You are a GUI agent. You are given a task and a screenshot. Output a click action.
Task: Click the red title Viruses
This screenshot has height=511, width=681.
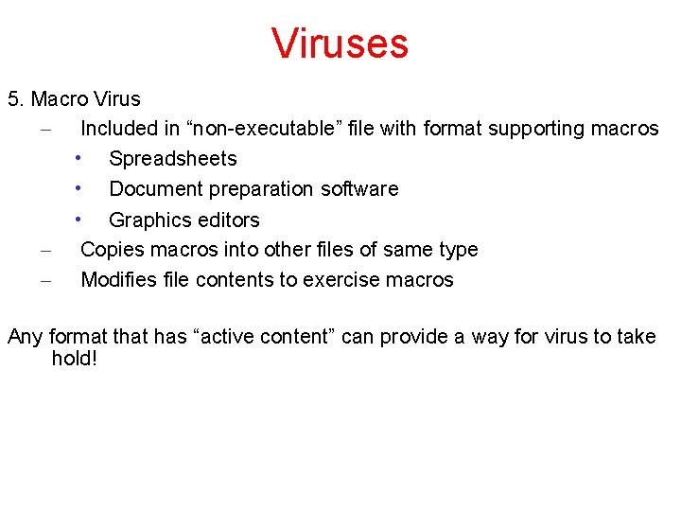click(340, 44)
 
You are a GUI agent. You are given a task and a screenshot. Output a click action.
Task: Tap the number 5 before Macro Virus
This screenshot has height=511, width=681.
click(13, 99)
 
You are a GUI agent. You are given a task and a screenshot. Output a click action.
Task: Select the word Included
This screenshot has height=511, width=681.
click(119, 129)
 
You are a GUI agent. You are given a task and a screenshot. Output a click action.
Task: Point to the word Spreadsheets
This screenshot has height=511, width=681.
click(173, 159)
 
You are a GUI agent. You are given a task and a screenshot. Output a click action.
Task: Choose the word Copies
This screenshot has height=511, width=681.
click(111, 250)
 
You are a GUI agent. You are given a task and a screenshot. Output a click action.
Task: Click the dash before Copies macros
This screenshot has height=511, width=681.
click(45, 251)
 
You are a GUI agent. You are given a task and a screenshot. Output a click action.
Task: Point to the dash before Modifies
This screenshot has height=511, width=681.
click(45, 281)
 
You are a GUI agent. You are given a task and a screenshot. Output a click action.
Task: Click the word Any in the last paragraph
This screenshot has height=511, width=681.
click(25, 337)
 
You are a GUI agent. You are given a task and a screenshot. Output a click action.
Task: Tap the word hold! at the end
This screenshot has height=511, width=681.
click(75, 359)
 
